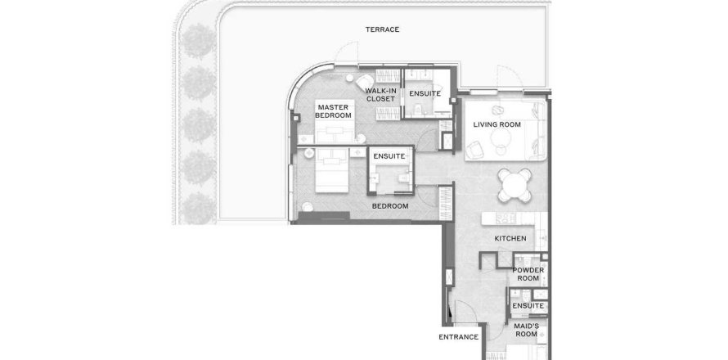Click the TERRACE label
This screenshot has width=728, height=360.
382,29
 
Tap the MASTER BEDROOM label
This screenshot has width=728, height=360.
334,111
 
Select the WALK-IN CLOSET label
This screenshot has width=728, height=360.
380,95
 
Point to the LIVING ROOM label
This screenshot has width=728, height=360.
497,124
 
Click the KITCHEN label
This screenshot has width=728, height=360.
510,238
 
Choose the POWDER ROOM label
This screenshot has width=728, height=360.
528,274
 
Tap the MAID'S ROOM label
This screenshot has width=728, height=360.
527,330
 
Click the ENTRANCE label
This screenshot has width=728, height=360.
458,337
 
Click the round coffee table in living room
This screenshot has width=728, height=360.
501,138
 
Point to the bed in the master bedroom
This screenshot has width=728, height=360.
335,121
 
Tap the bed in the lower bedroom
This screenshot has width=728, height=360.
332,170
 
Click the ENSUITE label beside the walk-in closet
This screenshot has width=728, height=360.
425,93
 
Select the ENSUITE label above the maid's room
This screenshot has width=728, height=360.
528,306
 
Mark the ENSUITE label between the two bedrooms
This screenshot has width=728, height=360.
389,156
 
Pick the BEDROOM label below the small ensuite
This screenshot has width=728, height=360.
390,206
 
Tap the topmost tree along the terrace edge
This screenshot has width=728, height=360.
199,41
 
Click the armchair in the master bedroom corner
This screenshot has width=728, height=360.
364,82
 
